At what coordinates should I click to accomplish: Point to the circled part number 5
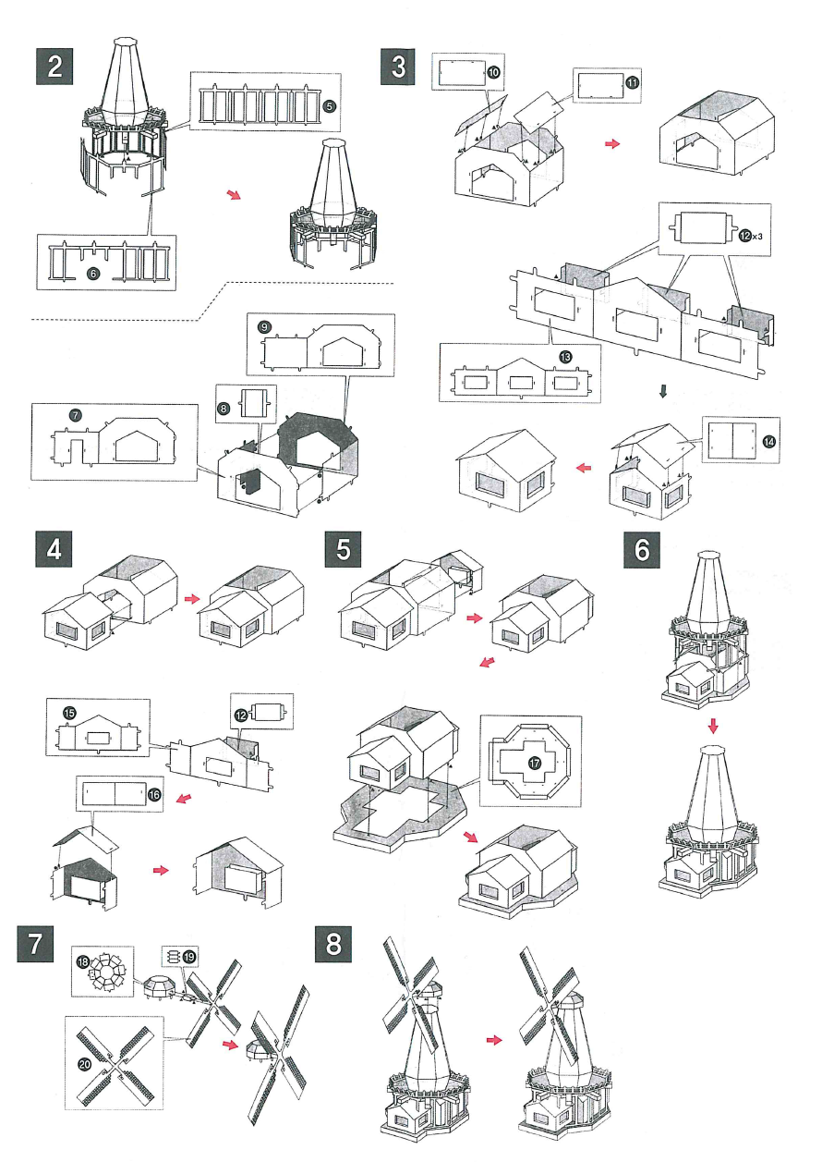tap(329, 105)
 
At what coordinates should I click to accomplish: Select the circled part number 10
tap(492, 72)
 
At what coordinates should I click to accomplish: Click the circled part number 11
tap(632, 82)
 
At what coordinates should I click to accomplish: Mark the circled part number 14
tap(768, 441)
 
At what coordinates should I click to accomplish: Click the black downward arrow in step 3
tap(662, 391)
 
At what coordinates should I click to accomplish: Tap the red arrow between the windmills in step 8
tap(494, 1040)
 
